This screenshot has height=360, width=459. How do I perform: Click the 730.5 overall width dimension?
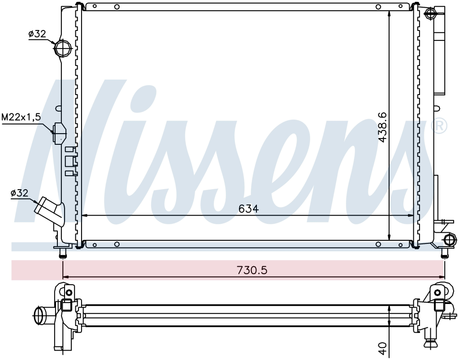pos(252,270)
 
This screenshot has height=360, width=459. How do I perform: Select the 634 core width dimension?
pos(248,209)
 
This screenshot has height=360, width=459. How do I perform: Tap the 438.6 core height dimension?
pos(382,127)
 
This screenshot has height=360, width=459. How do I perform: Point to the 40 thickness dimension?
pos(382,348)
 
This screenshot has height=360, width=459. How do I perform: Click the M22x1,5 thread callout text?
pos(22,117)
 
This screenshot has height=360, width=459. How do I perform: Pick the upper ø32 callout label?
pos(37,34)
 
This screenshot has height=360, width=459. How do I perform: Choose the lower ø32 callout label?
pos(19,193)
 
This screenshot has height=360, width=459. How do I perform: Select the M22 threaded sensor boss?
pos(59,133)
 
